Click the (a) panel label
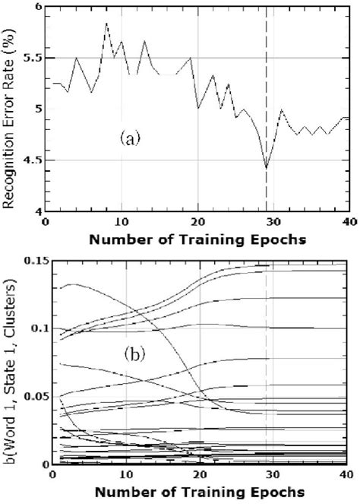tap(128, 139)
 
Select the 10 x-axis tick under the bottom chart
tap(122, 475)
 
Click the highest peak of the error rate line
tap(106, 24)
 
